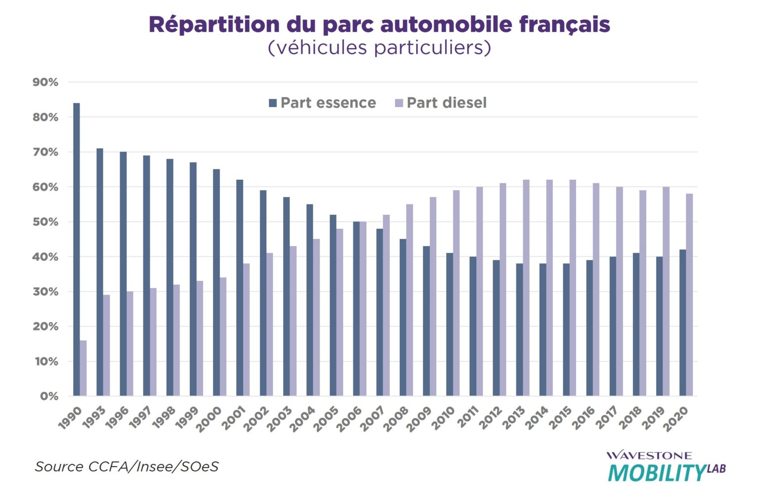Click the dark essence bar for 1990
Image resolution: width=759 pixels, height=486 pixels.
77,249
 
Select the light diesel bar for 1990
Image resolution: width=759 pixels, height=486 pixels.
83,368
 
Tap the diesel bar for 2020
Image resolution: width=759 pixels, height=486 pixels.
689,295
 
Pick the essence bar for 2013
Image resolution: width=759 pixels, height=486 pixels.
519,329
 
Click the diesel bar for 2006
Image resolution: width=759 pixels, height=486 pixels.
363,309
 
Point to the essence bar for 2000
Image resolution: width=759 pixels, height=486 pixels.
216,283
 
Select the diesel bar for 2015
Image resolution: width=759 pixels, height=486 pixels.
573,288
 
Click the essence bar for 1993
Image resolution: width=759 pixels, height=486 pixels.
100,272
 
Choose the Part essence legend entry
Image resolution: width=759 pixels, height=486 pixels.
322,103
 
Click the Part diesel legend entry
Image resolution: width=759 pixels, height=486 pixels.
441,103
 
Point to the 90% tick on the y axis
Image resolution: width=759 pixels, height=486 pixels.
45,82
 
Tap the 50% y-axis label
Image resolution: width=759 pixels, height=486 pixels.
45,222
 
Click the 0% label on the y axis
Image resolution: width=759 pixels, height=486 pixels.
48,396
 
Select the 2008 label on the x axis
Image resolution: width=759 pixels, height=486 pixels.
396,419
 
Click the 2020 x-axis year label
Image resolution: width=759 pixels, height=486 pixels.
676,419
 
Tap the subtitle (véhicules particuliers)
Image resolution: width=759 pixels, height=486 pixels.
379,48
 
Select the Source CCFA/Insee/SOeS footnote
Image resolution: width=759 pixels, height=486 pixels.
126,467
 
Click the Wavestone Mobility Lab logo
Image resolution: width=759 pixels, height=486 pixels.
666,466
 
